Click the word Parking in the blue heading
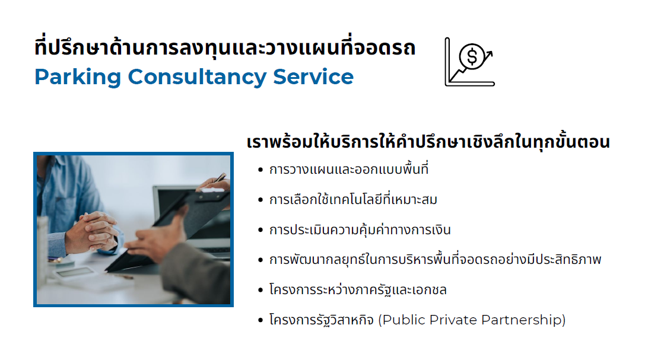pyautogui.click(x=78, y=77)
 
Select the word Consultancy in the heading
pyautogui.click(x=197, y=77)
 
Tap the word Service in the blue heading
pyautogui.click(x=313, y=77)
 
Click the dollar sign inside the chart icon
pyautogui.click(x=472, y=56)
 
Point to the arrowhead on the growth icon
pyautogui.click(x=489, y=54)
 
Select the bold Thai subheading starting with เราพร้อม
pyautogui.click(x=428, y=141)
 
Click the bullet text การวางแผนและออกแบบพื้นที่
pyautogui.click(x=349, y=169)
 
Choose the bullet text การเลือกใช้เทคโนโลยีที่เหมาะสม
pyautogui.click(x=353, y=199)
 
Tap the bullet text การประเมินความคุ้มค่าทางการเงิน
pyautogui.click(x=360, y=230)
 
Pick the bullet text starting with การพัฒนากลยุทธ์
pyautogui.click(x=435, y=259)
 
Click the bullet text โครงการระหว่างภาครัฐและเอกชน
pyautogui.click(x=358, y=289)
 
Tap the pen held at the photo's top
pyautogui.click(x=221, y=178)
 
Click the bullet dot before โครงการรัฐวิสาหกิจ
pyautogui.click(x=260, y=320)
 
